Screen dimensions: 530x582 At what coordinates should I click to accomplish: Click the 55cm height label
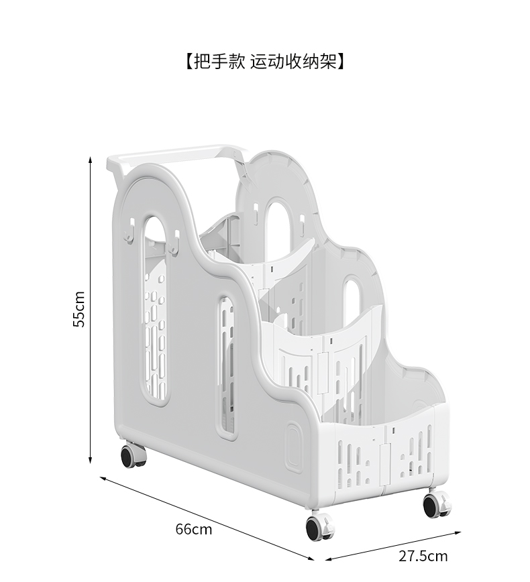pyautogui.click(x=79, y=308)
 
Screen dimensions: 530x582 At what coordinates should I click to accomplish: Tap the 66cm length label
pyautogui.click(x=193, y=529)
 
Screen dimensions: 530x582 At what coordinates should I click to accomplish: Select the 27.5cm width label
pyautogui.click(x=423, y=556)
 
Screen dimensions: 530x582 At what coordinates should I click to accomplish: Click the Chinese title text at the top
pyautogui.click(x=264, y=62)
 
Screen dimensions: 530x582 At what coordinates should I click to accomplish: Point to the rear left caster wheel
pyautogui.click(x=133, y=455)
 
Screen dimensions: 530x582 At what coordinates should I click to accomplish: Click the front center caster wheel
pyautogui.click(x=319, y=527)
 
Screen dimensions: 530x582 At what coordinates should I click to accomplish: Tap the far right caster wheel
pyautogui.click(x=436, y=504)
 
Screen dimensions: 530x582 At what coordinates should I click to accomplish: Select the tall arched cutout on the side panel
pyautogui.click(x=155, y=308)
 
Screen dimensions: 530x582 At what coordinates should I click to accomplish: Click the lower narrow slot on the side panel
pyautogui.click(x=226, y=366)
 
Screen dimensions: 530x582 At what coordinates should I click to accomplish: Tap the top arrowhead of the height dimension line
pyautogui.click(x=91, y=160)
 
